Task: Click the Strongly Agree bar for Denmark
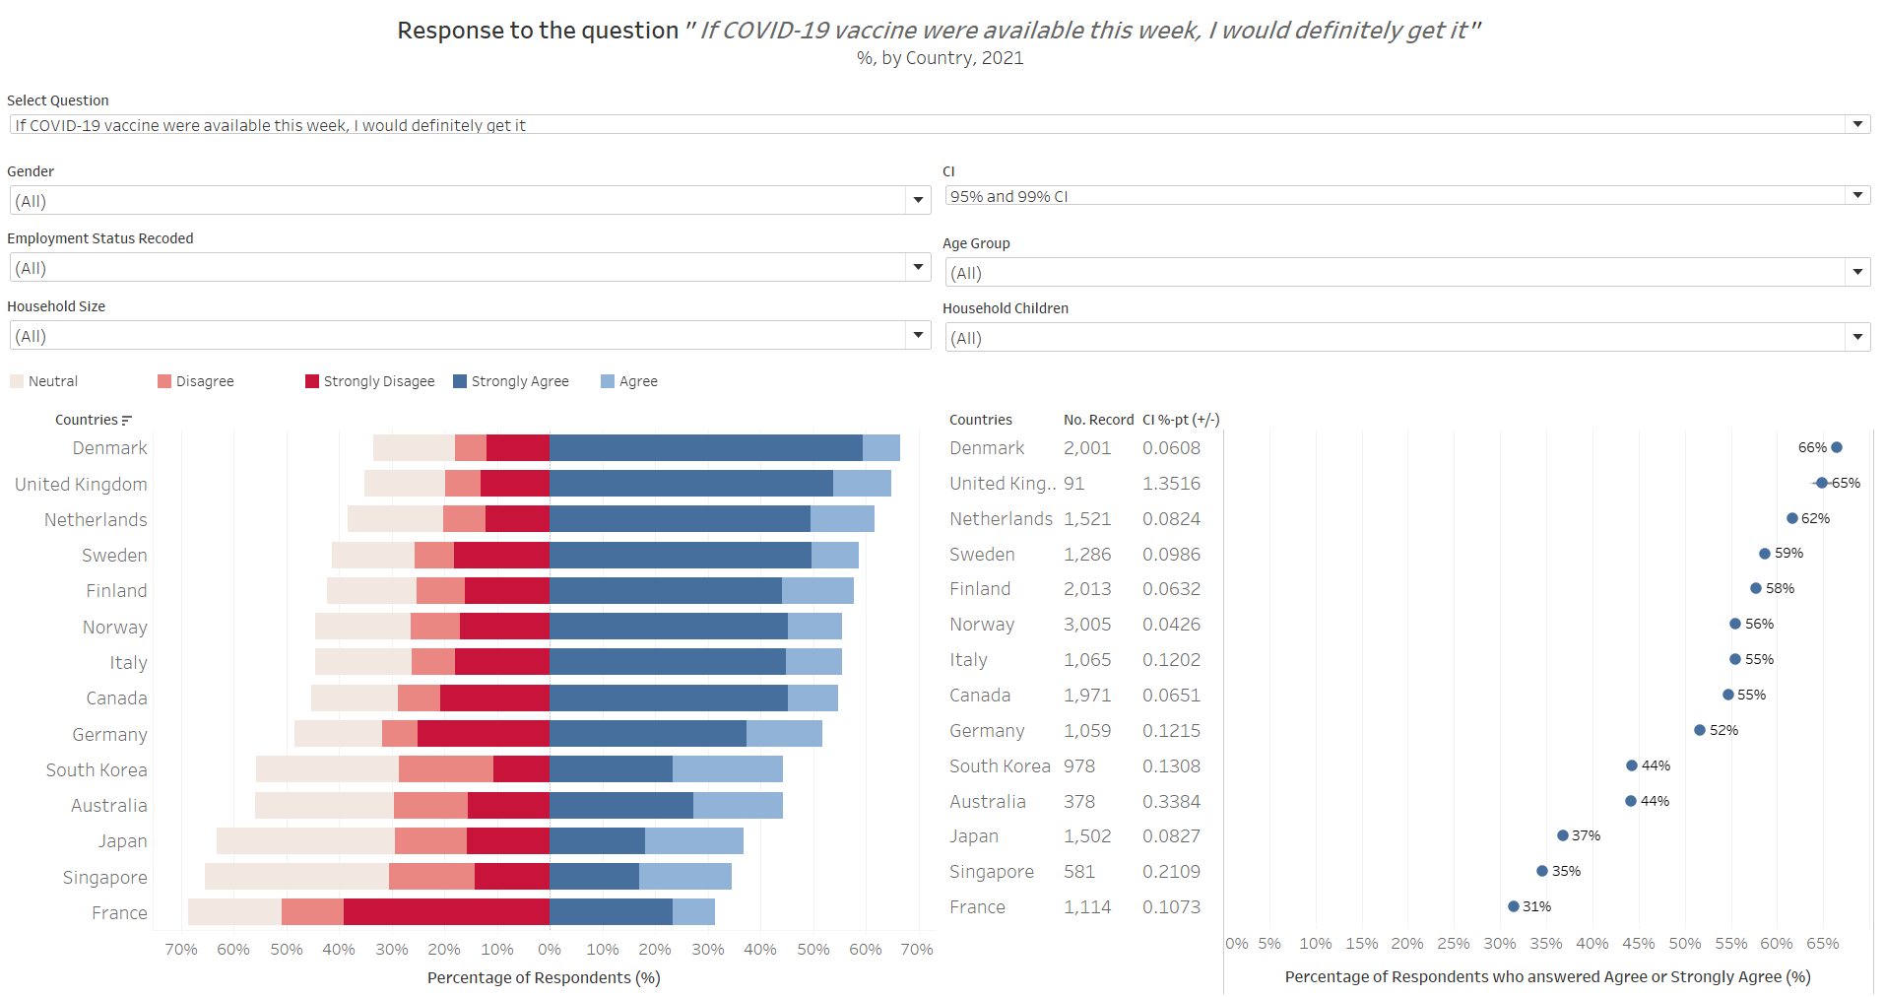pos(705,448)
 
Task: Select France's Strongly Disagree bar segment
pos(446,912)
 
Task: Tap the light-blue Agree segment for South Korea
pos(728,769)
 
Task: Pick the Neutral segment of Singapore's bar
pos(296,877)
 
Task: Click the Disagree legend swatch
pos(164,381)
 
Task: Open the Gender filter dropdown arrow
pos(918,201)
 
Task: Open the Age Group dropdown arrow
pos(1857,273)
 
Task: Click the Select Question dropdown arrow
pos(1857,124)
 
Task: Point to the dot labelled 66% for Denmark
pos(1837,447)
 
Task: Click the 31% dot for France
pos(1514,906)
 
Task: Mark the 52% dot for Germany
pos(1700,730)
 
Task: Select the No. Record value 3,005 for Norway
pos(1087,625)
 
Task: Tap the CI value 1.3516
pos(1171,484)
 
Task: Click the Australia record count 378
pos(1079,802)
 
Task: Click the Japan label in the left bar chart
pos(122,841)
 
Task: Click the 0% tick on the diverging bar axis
pos(550,950)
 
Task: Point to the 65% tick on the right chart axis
pos(1823,944)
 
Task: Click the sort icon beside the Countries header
pos(126,421)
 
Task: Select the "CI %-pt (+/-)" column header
pos(1181,420)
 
